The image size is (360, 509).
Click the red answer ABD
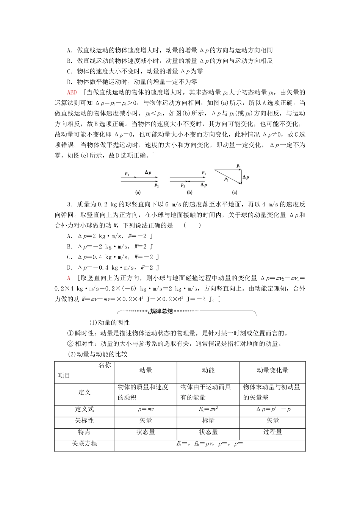[72, 92]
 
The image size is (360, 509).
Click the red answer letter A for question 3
[69, 278]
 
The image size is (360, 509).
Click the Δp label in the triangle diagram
[246, 177]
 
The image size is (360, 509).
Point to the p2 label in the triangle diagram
[226, 179]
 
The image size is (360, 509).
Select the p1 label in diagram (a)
[127, 173]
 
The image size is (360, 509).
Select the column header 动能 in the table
[208, 371]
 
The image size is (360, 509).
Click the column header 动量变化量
[272, 371]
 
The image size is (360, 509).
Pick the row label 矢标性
[84, 421]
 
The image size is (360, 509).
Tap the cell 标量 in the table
[208, 421]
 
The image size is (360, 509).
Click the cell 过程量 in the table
[272, 432]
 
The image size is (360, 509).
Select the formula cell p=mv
[146, 409]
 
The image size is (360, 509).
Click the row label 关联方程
[84, 443]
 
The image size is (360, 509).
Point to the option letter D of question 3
[69, 268]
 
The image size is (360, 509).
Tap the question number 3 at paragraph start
[68, 205]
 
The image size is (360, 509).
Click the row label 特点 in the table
[84, 432]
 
